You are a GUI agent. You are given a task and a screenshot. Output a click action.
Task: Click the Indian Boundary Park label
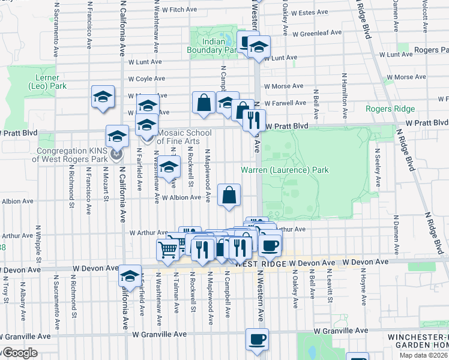click(x=213, y=46)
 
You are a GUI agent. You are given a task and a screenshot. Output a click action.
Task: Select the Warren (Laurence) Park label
click(x=285, y=170)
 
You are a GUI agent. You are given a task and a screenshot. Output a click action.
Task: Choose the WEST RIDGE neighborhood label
click(x=260, y=264)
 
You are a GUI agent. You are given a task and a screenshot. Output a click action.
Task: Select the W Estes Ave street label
click(x=309, y=12)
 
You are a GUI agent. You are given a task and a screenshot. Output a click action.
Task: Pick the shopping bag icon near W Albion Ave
click(x=229, y=195)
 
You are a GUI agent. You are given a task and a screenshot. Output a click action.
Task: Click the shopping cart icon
click(x=168, y=249)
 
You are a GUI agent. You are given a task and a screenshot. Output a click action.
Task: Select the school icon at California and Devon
click(x=130, y=276)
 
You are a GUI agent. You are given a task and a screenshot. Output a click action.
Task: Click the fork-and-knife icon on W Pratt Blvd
click(x=255, y=119)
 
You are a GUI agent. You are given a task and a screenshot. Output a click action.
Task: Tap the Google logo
click(x=19, y=353)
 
